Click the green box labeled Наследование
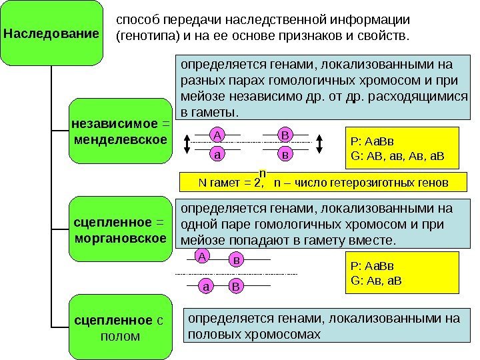[x=52, y=32]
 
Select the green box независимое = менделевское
[x=121, y=131]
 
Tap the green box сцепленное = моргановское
[x=121, y=228]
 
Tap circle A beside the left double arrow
[x=217, y=135]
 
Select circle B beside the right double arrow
[x=285, y=135]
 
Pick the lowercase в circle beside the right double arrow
[x=285, y=153]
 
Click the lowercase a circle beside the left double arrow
[x=217, y=153]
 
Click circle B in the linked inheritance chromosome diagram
[x=235, y=287]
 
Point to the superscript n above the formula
[x=262, y=173]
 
